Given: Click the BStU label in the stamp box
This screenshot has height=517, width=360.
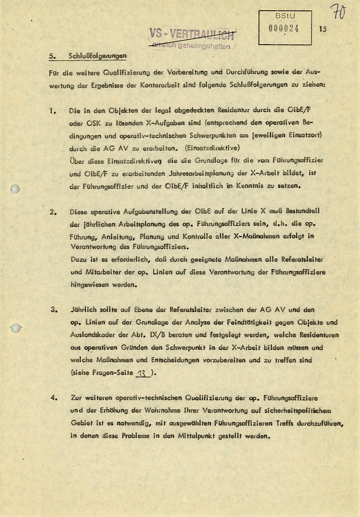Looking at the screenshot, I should (285, 16).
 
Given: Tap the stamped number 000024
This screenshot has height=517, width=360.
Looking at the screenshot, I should (284, 29).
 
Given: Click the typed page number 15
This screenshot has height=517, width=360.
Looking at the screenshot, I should (323, 29).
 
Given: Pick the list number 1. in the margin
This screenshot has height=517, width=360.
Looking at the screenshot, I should (53, 111).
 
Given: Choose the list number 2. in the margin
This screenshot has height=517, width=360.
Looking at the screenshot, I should (53, 212).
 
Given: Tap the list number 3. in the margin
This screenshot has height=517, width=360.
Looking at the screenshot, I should (54, 310).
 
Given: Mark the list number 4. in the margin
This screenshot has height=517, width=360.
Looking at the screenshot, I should (54, 398).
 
